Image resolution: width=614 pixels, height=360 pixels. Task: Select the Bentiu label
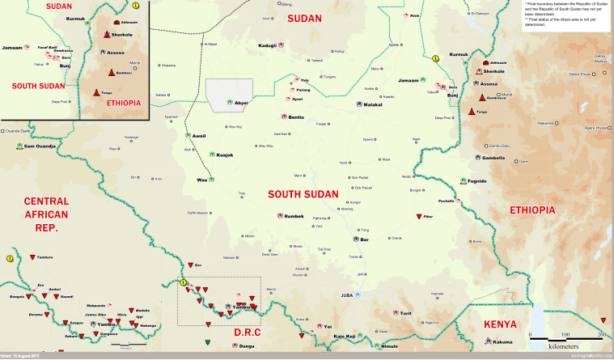pyautogui.click(x=296, y=118)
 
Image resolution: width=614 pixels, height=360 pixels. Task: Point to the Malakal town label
pyautogui.click(x=372, y=104)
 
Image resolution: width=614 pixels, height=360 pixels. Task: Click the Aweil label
pyautogui.click(x=199, y=135)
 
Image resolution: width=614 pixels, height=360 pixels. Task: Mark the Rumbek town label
pyautogui.click(x=294, y=216)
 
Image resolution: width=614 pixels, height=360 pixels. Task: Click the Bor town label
pyautogui.click(x=365, y=239)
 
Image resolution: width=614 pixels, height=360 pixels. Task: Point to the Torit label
pyautogui.click(x=406, y=313)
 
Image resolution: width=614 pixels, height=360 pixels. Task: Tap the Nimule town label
pyautogui.click(x=390, y=345)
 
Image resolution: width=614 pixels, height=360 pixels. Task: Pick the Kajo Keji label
pyautogui.click(x=345, y=336)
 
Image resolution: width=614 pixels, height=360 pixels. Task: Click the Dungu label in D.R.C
pyautogui.click(x=246, y=345)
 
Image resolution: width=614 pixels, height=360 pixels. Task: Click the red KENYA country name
pyautogui.click(x=500, y=324)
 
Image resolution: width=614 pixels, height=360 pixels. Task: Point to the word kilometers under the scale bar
pyautogui.click(x=564, y=345)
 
